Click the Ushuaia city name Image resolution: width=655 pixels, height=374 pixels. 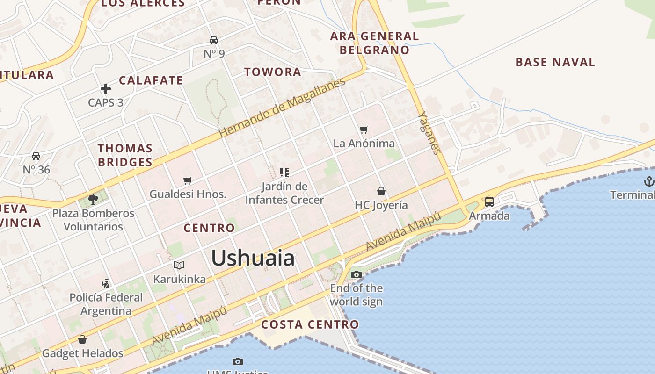click(253, 258)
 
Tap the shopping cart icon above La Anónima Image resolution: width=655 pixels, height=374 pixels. click(364, 129)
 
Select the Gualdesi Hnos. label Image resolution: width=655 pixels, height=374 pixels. click(188, 194)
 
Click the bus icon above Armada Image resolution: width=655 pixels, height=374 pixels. click(489, 202)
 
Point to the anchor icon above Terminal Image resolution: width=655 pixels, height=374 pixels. click(648, 181)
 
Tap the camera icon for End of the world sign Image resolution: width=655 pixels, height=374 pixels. click(357, 274)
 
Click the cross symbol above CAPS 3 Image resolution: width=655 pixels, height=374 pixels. click(106, 89)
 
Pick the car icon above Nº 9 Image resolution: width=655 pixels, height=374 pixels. click(214, 40)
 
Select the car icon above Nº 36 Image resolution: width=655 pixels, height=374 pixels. click(36, 156)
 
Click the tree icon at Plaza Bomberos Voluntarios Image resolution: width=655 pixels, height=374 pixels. click(93, 200)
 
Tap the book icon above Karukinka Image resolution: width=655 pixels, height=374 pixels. click(179, 266)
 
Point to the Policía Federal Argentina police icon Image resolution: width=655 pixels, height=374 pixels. click(106, 283)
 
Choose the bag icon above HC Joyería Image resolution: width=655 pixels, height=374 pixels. click(381, 191)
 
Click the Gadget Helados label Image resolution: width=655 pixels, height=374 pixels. click(82, 353)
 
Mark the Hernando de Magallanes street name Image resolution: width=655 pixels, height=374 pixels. click(282, 107)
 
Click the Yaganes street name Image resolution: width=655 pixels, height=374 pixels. click(429, 133)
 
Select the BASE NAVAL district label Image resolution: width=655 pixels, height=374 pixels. click(555, 62)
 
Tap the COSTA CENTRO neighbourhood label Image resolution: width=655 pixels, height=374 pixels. click(310, 324)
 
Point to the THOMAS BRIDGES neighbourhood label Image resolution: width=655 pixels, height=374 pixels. click(125, 155)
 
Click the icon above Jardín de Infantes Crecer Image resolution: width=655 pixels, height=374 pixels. click(284, 173)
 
